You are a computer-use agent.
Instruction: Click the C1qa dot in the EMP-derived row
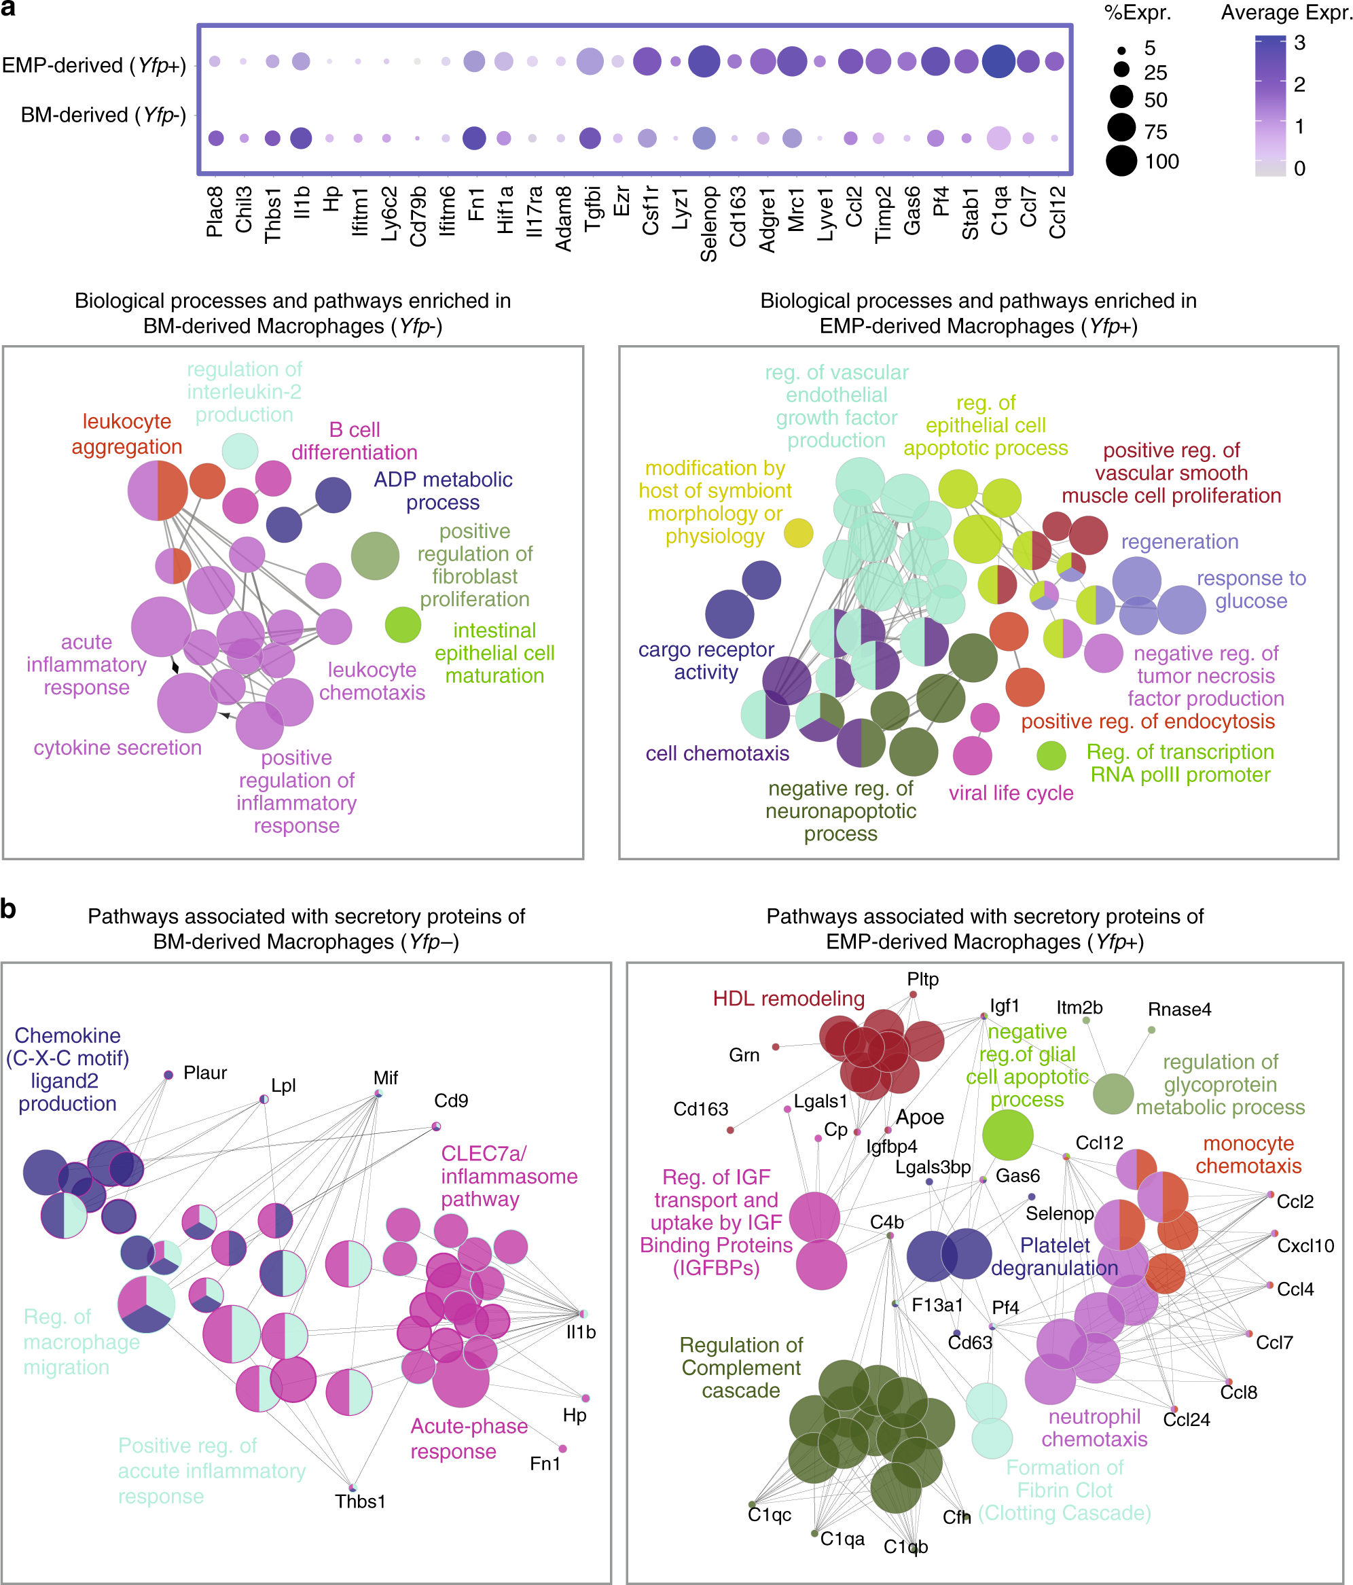click(x=998, y=62)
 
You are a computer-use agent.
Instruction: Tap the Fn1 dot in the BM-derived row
click(x=474, y=139)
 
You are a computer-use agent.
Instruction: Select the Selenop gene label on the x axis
click(x=709, y=224)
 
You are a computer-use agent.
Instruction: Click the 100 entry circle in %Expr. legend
click(x=1121, y=162)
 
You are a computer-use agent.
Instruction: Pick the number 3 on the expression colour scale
click(x=1299, y=43)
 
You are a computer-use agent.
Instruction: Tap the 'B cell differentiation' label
click(x=354, y=441)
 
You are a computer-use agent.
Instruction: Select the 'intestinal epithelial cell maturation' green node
click(x=403, y=624)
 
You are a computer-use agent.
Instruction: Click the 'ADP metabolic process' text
click(x=443, y=491)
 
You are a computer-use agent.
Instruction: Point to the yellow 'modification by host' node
click(x=799, y=533)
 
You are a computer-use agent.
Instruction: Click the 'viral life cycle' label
click(x=1011, y=794)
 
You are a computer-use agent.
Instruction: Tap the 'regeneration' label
click(x=1179, y=541)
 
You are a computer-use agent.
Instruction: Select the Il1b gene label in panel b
click(x=581, y=1332)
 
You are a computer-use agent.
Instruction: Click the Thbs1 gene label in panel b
click(x=360, y=1501)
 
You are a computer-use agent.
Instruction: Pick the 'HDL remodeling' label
click(x=789, y=998)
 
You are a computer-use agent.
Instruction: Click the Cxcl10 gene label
click(x=1305, y=1245)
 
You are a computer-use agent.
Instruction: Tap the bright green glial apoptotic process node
click(x=1007, y=1135)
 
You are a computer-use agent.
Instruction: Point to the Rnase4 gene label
click(x=1178, y=1009)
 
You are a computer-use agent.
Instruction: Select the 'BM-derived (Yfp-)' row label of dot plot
click(x=103, y=115)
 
